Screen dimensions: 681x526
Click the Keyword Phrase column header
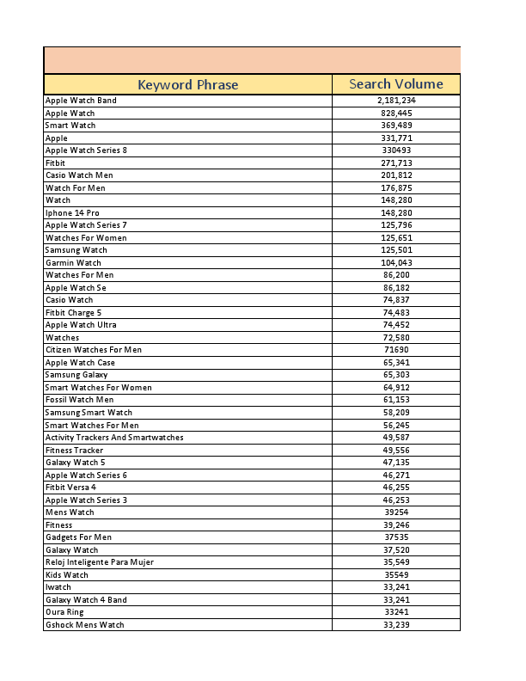pos(187,84)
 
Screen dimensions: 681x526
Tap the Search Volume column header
pos(396,84)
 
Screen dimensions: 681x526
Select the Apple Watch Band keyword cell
pos(81,101)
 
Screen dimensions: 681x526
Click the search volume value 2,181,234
pos(396,101)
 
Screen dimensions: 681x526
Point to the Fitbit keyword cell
pos(55,163)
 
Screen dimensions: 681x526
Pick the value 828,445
pos(396,113)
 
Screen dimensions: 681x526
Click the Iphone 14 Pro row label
pos(66,212)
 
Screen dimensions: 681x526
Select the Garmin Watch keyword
pos(73,263)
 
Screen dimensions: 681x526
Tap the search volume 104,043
pos(396,263)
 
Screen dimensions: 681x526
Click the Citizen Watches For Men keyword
pos(94,350)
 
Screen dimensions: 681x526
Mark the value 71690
pos(396,350)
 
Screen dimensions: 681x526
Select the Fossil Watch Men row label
pos(79,400)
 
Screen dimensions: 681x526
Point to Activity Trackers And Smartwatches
pos(114,438)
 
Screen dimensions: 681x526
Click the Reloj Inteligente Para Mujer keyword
pos(100,562)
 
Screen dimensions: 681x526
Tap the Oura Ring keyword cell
pos(64,612)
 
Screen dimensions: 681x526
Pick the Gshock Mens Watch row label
pos(84,625)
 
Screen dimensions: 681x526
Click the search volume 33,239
pos(396,625)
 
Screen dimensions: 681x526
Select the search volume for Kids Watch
pos(396,574)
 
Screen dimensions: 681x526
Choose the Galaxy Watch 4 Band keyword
pos(86,600)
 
